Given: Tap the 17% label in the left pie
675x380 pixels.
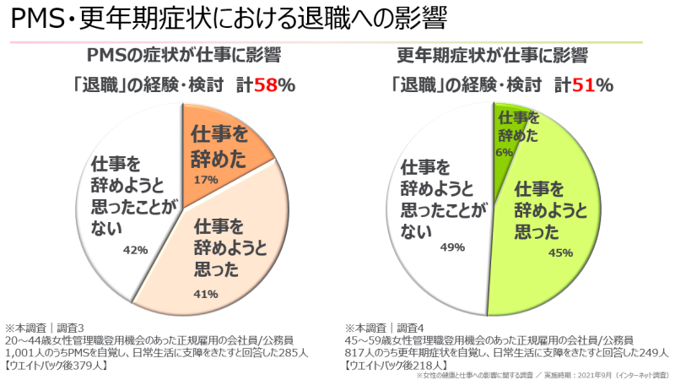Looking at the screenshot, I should [x=205, y=180].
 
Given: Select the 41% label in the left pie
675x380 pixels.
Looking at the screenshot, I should [x=206, y=294].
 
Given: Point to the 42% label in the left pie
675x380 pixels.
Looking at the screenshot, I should [x=135, y=249].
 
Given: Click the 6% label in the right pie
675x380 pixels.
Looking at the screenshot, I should [x=505, y=152].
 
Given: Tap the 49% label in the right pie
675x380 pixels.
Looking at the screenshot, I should [x=453, y=247].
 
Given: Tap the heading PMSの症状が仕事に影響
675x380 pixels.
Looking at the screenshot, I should [x=185, y=56].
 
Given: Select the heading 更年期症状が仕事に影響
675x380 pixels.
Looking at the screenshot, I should [x=492, y=56].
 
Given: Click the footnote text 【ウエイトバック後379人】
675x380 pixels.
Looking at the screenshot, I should [x=57, y=366].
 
